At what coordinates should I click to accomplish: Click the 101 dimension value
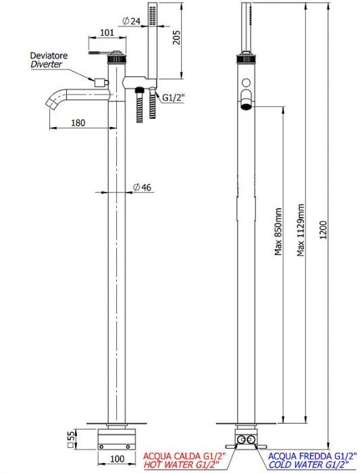point(107,32)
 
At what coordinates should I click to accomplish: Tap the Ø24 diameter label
point(131,21)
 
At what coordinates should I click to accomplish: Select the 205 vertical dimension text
point(176,37)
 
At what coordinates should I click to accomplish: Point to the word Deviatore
point(49,55)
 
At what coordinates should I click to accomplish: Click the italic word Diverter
point(46,64)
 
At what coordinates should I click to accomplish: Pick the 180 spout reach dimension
point(78,123)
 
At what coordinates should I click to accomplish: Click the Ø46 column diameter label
point(142,187)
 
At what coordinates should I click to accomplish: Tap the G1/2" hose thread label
point(174,97)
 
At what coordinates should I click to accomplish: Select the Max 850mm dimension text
point(278,231)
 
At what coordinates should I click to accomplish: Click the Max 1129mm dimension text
point(301,230)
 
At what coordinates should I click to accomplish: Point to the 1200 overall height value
point(324,230)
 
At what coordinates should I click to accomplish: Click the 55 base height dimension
point(71,437)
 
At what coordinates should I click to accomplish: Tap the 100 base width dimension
point(117,459)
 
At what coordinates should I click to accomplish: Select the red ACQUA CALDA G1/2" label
point(184,455)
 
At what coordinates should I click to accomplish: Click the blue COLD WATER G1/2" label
point(309,464)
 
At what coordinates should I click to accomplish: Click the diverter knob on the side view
point(101,82)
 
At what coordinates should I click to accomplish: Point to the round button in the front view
point(247,82)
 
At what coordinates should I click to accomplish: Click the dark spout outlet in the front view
point(246,106)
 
